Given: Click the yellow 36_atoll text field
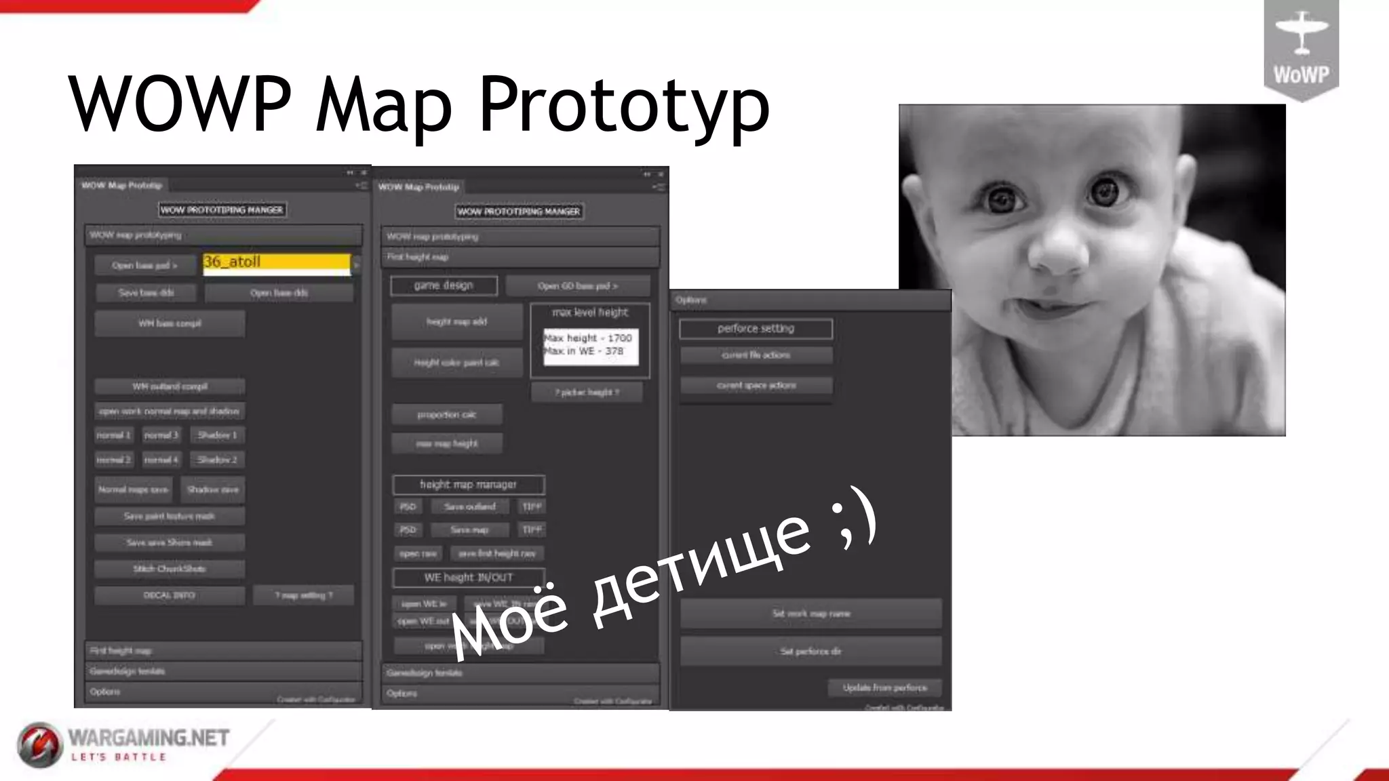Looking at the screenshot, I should [x=277, y=262].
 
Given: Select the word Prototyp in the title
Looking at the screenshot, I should [x=624, y=105].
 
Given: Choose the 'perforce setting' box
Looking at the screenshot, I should [x=756, y=329].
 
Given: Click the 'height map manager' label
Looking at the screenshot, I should [x=468, y=485].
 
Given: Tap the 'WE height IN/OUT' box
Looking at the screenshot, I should [x=468, y=578].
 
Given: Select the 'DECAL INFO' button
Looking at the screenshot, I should [x=170, y=595].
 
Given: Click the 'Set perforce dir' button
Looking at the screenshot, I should [x=810, y=652].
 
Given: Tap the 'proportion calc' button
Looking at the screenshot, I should [x=447, y=414].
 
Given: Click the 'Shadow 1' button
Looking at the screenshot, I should [x=217, y=435].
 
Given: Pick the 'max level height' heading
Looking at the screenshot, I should [x=590, y=313].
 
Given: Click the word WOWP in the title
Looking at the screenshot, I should [x=180, y=105].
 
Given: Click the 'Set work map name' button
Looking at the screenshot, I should [x=810, y=614].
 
